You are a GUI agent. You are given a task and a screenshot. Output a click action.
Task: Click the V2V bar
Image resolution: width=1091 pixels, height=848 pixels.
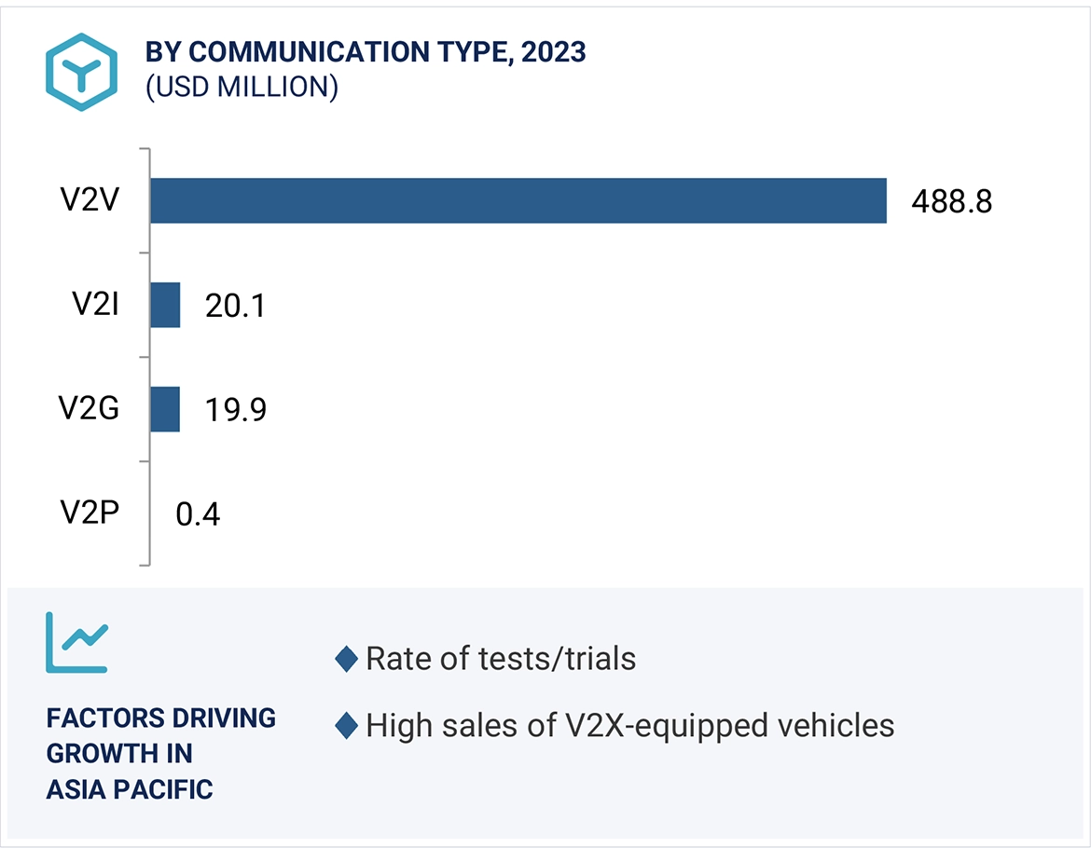pos(518,200)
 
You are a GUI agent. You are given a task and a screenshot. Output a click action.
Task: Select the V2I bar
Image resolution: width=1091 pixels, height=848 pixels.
pos(165,305)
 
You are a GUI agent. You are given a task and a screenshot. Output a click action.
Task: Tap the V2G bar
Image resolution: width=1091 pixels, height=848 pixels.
pos(165,409)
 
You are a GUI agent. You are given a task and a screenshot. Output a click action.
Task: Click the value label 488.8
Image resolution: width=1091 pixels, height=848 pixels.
pos(951,201)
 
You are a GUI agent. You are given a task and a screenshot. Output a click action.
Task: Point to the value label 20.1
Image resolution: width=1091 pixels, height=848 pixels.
pos(235,306)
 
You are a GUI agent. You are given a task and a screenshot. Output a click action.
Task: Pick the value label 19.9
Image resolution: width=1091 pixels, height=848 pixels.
pos(235,410)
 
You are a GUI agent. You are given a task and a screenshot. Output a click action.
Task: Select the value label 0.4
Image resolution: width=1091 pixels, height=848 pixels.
pos(198,513)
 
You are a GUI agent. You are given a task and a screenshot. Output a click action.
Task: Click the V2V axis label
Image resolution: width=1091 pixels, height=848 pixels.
pos(90,200)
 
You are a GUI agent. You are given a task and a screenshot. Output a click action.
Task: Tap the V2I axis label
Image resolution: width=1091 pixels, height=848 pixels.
pos(94,305)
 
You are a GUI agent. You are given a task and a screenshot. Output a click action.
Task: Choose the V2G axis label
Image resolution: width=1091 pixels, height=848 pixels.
pos(90,409)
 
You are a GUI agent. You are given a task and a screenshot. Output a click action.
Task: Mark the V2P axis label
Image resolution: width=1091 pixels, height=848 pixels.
pos(90,513)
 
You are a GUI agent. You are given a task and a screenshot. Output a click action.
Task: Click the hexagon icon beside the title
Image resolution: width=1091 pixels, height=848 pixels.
pos(82,71)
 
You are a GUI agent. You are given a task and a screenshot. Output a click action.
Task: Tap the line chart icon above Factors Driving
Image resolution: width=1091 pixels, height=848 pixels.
pos(76,642)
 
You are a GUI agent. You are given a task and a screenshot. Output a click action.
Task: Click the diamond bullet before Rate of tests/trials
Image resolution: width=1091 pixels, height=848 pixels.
pos(346,659)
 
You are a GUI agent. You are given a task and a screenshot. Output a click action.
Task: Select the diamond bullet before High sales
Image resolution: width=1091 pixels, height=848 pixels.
pos(346,725)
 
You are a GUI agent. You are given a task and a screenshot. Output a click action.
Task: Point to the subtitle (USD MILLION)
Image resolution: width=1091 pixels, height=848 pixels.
pos(241,87)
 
